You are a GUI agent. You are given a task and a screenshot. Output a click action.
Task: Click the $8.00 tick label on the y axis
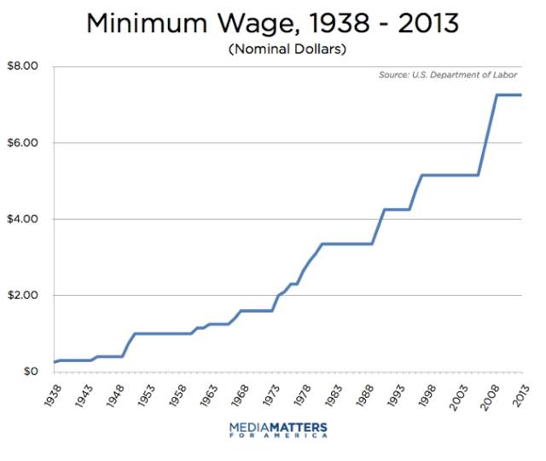tap(22, 66)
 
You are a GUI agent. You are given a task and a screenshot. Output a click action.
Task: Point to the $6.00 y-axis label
tap(22, 142)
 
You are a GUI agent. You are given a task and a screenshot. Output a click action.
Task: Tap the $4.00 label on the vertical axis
tap(22, 219)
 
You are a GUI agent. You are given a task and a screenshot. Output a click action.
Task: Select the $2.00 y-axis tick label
tap(22, 295)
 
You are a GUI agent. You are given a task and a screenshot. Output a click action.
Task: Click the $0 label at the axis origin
tap(31, 372)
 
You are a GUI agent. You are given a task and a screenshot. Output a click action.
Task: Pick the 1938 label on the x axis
tap(53, 395)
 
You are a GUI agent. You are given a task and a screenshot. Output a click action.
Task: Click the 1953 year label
tap(147, 395)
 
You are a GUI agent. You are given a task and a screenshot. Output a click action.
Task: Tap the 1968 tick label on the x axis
tap(241, 395)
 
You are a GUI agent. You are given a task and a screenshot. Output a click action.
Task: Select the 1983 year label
tap(334, 395)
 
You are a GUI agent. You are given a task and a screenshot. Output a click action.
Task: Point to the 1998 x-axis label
tap(427, 395)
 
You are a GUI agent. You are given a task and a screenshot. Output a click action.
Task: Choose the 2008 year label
tap(490, 396)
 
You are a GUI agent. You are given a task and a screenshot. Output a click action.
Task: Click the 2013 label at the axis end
tap(521, 395)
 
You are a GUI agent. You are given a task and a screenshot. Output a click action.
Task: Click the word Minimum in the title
tap(147, 23)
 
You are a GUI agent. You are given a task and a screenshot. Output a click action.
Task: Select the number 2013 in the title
tap(428, 23)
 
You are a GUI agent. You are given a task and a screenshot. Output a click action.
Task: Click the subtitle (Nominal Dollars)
tap(288, 49)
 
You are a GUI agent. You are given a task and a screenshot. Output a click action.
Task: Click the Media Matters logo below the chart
tap(279, 430)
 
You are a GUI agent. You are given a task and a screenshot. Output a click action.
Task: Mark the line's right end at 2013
tap(521, 95)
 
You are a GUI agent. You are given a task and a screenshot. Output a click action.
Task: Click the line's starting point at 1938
tap(55, 362)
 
